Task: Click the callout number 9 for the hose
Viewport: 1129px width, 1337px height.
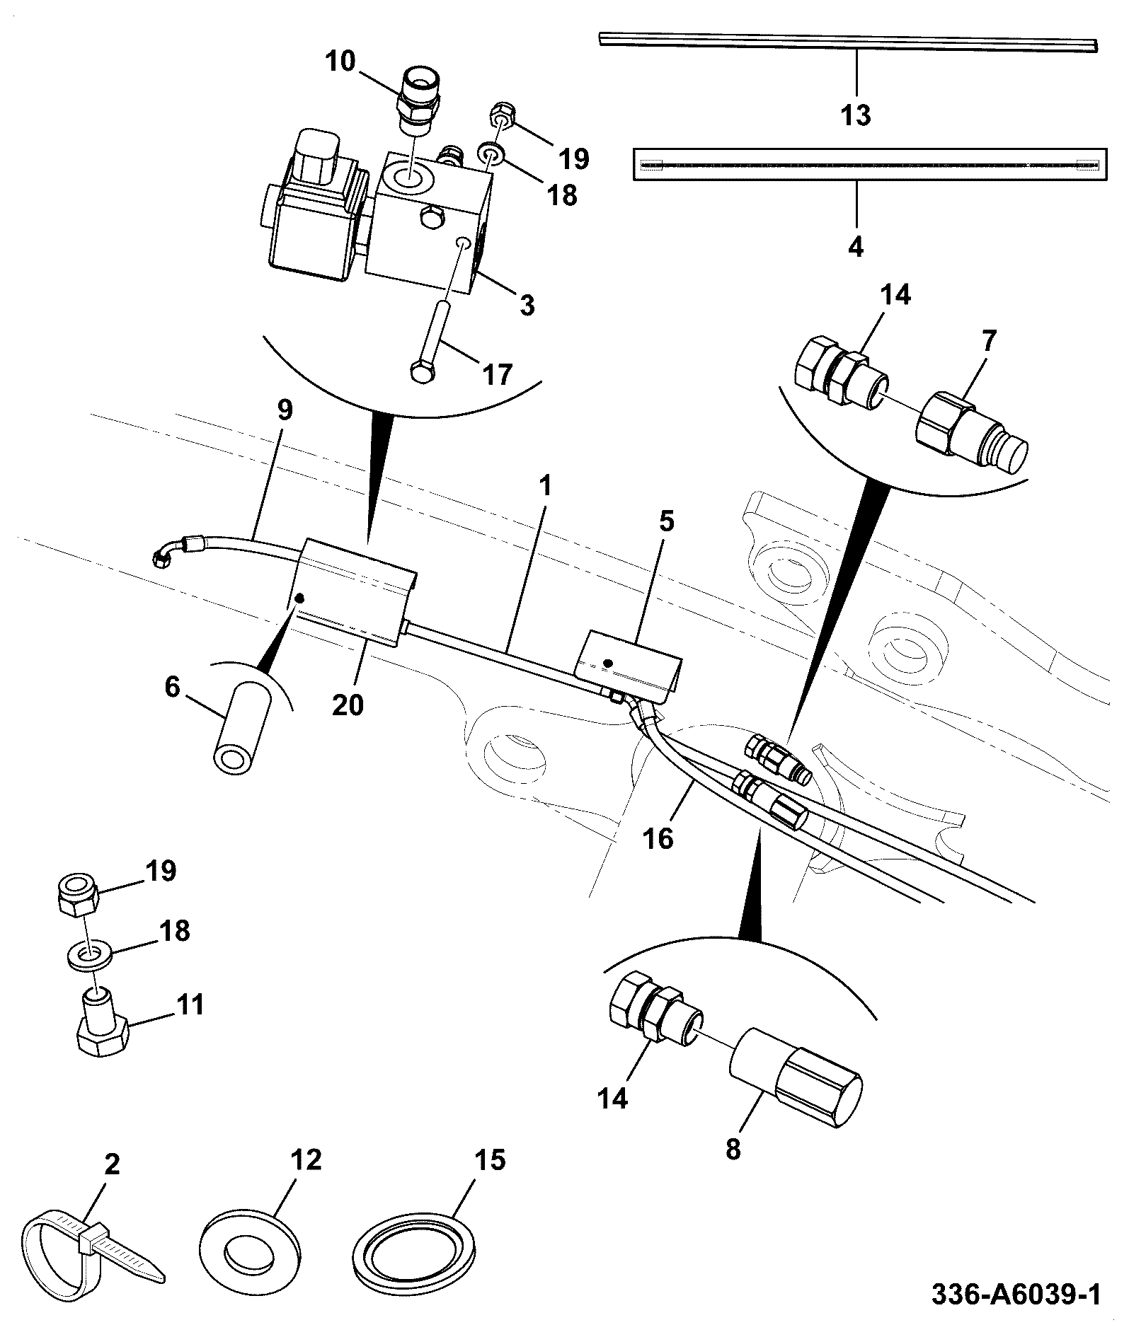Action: pos(284,411)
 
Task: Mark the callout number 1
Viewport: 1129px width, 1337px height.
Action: pos(544,486)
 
